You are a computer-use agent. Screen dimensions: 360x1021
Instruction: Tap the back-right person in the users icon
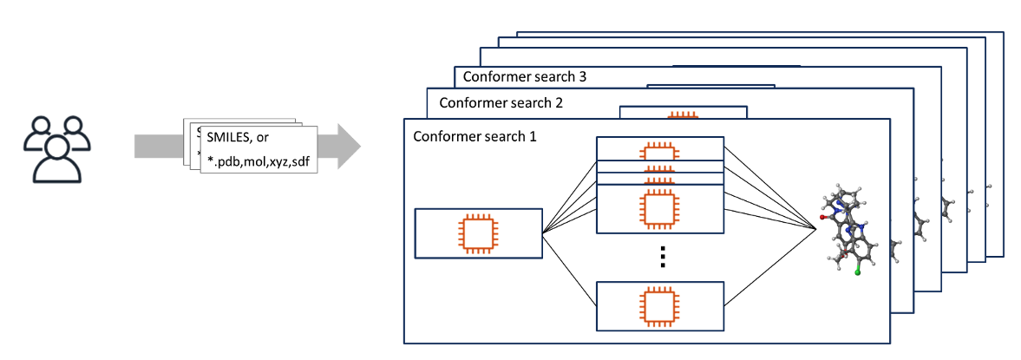click(x=73, y=132)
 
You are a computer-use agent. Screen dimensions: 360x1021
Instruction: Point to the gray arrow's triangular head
click(x=348, y=146)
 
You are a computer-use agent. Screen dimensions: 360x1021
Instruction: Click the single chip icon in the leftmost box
click(x=478, y=232)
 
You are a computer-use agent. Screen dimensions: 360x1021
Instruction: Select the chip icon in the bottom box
click(x=659, y=305)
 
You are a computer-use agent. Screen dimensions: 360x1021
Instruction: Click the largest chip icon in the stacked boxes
click(x=659, y=208)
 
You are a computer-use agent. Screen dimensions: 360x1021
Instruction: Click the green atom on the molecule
click(x=857, y=272)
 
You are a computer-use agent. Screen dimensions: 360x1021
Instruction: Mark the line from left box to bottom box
click(x=569, y=269)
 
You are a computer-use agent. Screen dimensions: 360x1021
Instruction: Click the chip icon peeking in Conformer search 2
click(x=683, y=115)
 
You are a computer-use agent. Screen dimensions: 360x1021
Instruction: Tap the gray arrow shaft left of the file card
click(x=160, y=146)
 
